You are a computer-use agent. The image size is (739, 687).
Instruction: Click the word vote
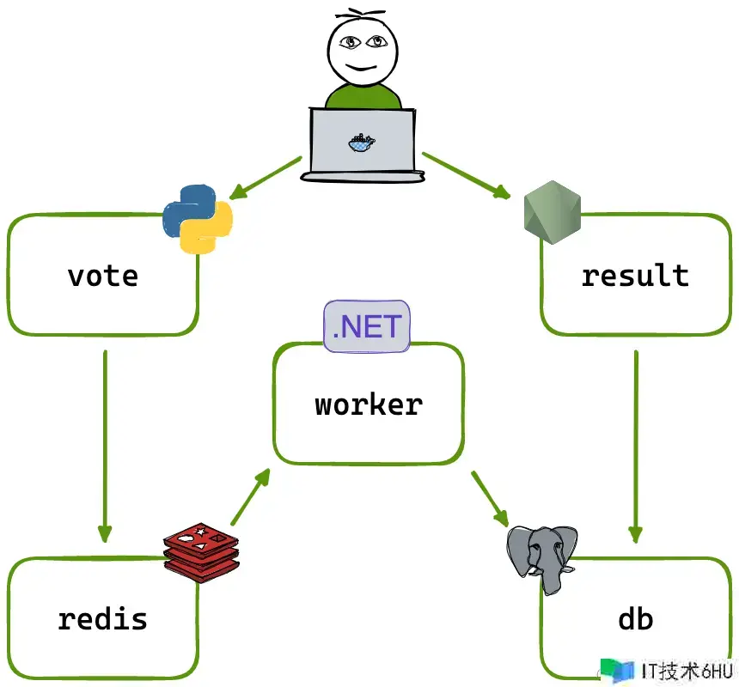coord(102,276)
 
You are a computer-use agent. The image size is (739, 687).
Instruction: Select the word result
coord(635,276)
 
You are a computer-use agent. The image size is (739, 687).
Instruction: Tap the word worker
coord(369,404)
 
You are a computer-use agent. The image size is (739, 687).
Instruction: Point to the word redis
coord(102,618)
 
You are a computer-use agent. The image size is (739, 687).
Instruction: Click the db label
coord(635,618)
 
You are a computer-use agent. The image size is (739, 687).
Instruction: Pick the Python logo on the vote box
coord(198,218)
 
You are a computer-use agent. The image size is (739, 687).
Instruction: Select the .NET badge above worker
coord(367,326)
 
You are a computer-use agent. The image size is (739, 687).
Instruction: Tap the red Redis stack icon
coord(201,550)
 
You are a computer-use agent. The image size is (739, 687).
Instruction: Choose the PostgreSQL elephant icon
coord(541,556)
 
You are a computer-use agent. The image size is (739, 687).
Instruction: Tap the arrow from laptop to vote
coord(266,179)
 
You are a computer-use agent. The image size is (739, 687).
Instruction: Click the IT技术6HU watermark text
coord(687,671)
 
